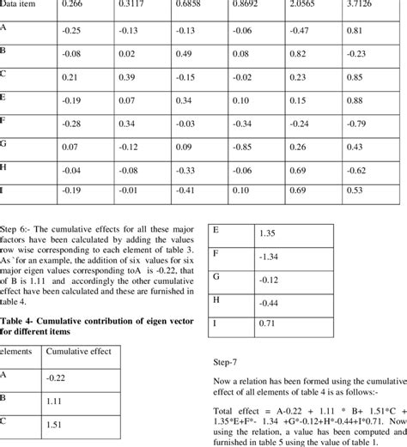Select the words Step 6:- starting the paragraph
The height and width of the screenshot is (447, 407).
[18, 231]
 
